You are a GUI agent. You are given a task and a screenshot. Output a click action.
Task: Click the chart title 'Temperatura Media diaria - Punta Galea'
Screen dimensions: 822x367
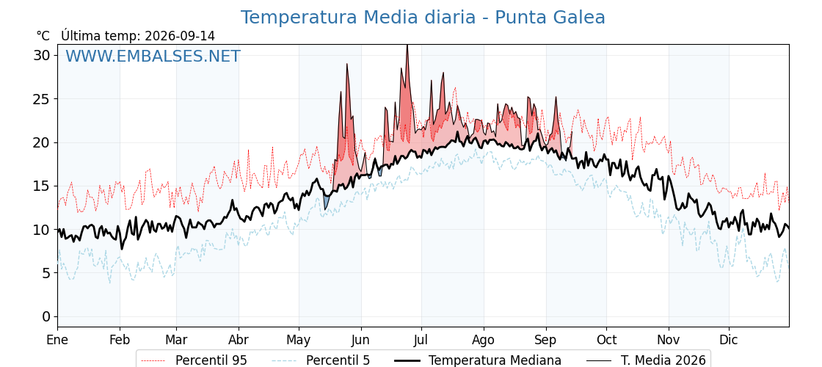click(x=423, y=18)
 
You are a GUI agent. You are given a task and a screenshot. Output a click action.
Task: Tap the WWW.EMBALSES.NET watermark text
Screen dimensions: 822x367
click(x=153, y=56)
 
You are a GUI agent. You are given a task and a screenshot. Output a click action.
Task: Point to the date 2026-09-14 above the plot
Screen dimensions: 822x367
click(x=180, y=36)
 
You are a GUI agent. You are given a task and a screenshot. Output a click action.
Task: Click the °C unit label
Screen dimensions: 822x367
click(x=43, y=36)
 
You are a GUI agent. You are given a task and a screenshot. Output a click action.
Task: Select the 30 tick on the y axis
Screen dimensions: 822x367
click(x=42, y=56)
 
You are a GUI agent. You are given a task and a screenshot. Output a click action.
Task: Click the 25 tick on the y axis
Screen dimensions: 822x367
click(x=42, y=99)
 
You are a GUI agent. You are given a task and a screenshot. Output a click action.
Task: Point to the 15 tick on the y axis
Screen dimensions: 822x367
click(x=42, y=186)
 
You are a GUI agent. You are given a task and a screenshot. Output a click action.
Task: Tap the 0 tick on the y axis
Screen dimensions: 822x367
click(x=46, y=316)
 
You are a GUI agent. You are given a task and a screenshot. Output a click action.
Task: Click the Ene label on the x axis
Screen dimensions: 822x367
click(x=58, y=340)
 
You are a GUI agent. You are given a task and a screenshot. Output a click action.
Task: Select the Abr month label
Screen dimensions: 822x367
click(x=239, y=340)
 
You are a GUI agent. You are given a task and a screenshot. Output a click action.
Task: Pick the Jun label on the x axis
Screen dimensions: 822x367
click(x=360, y=340)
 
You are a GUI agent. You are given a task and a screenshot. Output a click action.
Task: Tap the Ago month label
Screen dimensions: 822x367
click(x=484, y=340)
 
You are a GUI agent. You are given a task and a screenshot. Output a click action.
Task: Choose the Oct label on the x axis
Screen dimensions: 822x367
click(x=606, y=340)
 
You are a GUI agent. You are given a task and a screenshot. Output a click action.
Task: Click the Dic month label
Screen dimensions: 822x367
click(x=729, y=340)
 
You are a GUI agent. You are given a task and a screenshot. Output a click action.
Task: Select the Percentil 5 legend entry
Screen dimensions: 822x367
click(x=321, y=360)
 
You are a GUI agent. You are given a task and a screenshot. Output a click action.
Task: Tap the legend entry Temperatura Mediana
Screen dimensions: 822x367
click(x=478, y=360)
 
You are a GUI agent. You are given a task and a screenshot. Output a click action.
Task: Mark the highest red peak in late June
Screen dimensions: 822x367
click(x=407, y=47)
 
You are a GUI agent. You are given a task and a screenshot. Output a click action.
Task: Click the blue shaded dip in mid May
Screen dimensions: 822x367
click(x=326, y=203)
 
